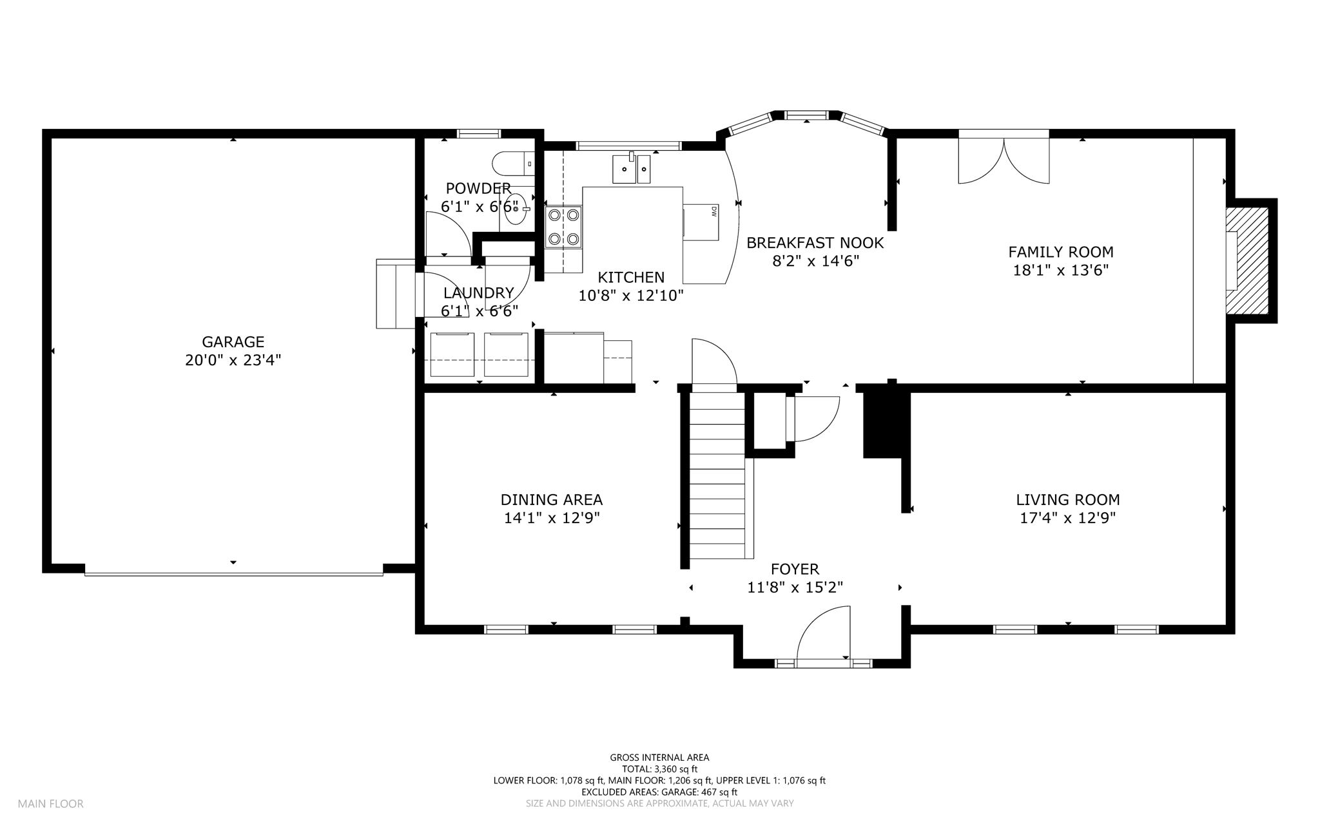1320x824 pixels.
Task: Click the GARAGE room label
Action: pos(233,342)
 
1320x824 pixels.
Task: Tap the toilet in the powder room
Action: pos(512,164)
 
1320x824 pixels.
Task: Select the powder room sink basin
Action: pos(516,209)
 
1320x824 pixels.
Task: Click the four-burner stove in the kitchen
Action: pos(563,227)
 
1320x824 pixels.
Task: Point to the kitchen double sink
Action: pos(631,168)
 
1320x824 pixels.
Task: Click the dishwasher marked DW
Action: pos(701,222)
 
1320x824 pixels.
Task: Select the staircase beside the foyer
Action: pos(717,475)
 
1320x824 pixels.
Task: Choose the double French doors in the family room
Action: pos(1004,157)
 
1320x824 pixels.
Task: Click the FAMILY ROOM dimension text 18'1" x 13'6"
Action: pos(1061,270)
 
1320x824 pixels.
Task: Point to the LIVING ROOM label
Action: pos(1068,499)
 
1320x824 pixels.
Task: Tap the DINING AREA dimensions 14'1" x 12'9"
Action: pos(552,518)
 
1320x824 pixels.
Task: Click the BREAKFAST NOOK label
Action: pos(815,243)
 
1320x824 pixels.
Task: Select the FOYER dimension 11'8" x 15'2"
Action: pos(795,588)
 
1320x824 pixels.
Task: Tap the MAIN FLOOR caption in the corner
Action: pos(51,804)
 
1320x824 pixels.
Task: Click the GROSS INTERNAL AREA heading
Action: pos(659,758)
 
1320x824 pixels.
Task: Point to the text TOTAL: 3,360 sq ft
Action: pos(659,769)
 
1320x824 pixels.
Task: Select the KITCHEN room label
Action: pos(631,278)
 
